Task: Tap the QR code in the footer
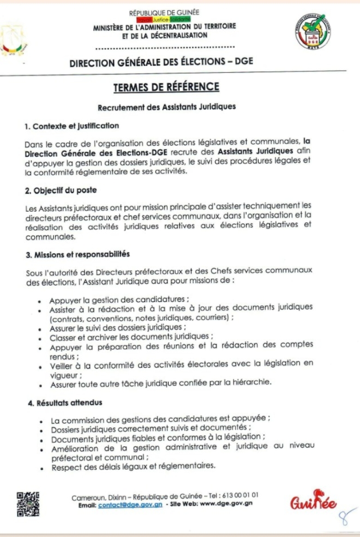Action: (28, 503)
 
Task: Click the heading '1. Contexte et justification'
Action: (71, 126)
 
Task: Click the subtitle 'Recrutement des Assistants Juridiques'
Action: (166, 107)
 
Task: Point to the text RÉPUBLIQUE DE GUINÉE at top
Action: (164, 12)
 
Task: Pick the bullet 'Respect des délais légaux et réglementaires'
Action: (133, 466)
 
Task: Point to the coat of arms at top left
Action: (12, 41)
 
